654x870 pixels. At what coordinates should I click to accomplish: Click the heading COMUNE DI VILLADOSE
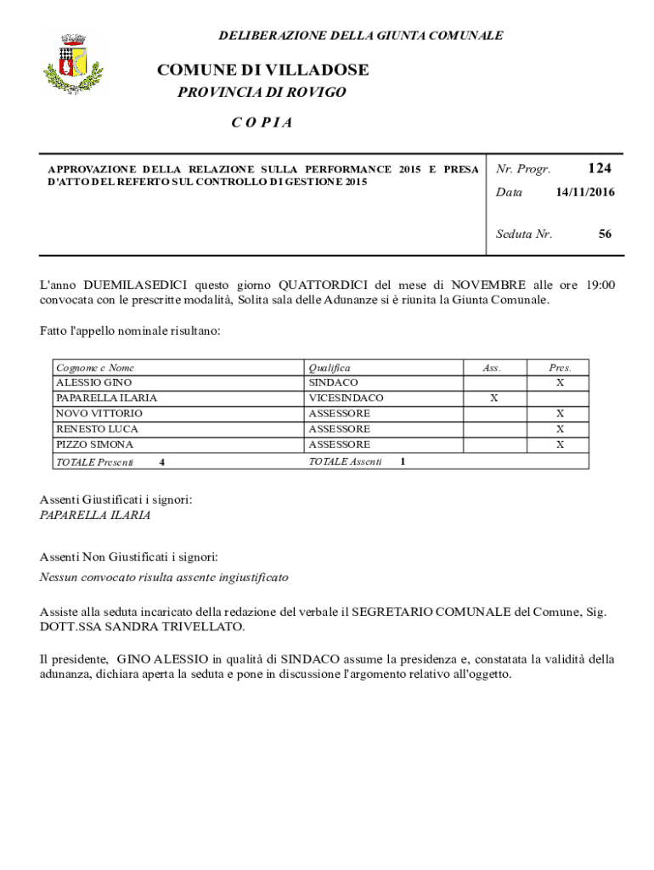[x=262, y=70]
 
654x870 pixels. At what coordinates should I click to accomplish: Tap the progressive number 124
[x=599, y=168]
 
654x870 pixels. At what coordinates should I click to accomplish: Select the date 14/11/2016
[x=584, y=193]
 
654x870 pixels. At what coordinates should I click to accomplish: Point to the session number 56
[x=604, y=234]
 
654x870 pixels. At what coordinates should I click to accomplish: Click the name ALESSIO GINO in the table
[x=93, y=383]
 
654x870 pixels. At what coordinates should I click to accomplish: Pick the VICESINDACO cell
[x=346, y=398]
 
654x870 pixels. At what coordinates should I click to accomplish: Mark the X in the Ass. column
[x=493, y=398]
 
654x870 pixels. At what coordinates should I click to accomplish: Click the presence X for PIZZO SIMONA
[x=560, y=444]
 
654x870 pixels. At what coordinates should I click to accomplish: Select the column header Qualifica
[x=329, y=368]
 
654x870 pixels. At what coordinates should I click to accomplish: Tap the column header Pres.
[x=560, y=368]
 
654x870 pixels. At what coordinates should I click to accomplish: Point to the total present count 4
[x=162, y=461]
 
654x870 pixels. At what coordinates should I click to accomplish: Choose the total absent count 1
[x=403, y=461]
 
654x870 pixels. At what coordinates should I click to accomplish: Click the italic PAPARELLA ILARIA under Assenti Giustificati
[x=95, y=515]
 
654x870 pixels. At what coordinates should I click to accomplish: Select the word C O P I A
[x=262, y=122]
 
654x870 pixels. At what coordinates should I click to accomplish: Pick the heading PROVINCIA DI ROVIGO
[x=262, y=93]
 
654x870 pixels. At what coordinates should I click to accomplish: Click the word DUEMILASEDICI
[x=136, y=285]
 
